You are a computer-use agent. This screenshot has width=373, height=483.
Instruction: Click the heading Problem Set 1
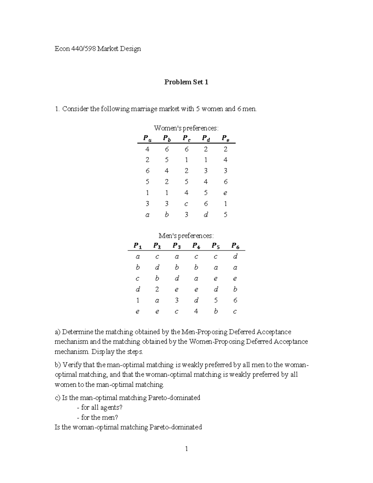point(186,82)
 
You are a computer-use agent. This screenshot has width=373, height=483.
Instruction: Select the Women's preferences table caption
point(186,128)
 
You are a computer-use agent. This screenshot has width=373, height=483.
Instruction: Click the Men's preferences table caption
point(186,236)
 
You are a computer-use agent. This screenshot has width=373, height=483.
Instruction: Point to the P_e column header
point(225,138)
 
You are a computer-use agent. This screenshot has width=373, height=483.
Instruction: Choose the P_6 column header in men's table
point(235,246)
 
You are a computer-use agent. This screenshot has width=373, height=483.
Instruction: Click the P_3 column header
point(177,246)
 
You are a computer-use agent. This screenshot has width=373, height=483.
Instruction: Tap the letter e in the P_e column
point(225,193)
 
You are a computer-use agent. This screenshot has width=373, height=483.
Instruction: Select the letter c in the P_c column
point(186,204)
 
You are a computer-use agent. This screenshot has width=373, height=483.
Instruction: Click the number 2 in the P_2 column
point(157,290)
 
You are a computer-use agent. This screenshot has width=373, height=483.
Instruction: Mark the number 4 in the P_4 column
point(196,311)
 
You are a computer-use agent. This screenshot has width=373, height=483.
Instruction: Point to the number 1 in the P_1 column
point(138,300)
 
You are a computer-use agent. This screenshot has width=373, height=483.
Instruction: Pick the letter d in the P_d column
point(205,215)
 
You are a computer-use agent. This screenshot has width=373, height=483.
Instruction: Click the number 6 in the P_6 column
point(235,300)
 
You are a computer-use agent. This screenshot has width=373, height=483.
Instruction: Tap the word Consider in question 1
point(76,109)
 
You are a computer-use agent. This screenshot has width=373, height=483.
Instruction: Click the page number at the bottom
point(186,449)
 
